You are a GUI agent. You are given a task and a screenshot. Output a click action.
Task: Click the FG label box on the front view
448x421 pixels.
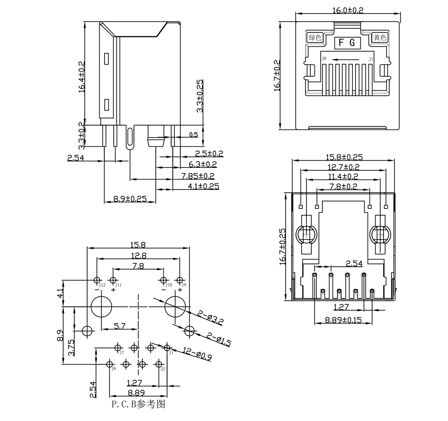pyautogui.click(x=348, y=42)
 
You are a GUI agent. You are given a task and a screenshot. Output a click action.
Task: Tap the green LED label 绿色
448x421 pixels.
pyautogui.click(x=315, y=37)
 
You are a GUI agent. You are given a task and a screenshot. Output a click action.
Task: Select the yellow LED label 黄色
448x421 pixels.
pyautogui.click(x=380, y=37)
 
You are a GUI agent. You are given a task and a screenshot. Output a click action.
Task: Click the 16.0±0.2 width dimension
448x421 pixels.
pyautogui.click(x=348, y=10)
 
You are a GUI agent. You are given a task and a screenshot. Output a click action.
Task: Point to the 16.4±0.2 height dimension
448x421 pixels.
pyautogui.click(x=82, y=76)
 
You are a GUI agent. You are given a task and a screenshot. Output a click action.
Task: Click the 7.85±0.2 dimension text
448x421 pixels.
pyautogui.click(x=198, y=176)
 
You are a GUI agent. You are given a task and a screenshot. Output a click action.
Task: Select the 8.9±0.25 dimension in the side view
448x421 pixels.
pyautogui.click(x=130, y=198)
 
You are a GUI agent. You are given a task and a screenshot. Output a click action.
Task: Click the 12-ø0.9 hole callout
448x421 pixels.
pyautogui.click(x=197, y=354)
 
